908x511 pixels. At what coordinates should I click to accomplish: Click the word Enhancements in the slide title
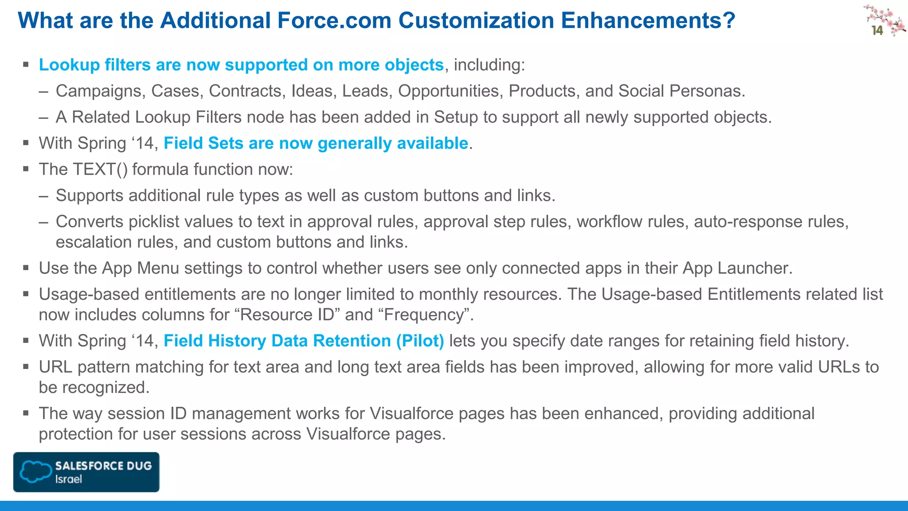click(x=648, y=20)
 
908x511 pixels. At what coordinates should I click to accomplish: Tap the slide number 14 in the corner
click(x=877, y=30)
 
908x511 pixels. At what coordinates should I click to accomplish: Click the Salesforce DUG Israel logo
click(x=86, y=472)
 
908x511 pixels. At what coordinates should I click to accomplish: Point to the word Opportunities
click(x=450, y=91)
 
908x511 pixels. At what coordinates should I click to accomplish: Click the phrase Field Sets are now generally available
click(x=316, y=143)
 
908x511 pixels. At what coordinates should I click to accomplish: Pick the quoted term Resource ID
click(x=286, y=315)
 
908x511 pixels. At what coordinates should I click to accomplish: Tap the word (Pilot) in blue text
click(x=420, y=341)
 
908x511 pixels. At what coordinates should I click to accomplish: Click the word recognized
click(x=106, y=388)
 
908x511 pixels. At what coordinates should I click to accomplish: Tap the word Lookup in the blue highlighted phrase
click(x=69, y=65)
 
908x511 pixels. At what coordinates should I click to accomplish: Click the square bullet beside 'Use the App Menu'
click(x=26, y=268)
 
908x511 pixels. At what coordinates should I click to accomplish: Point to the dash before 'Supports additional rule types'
click(x=43, y=196)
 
